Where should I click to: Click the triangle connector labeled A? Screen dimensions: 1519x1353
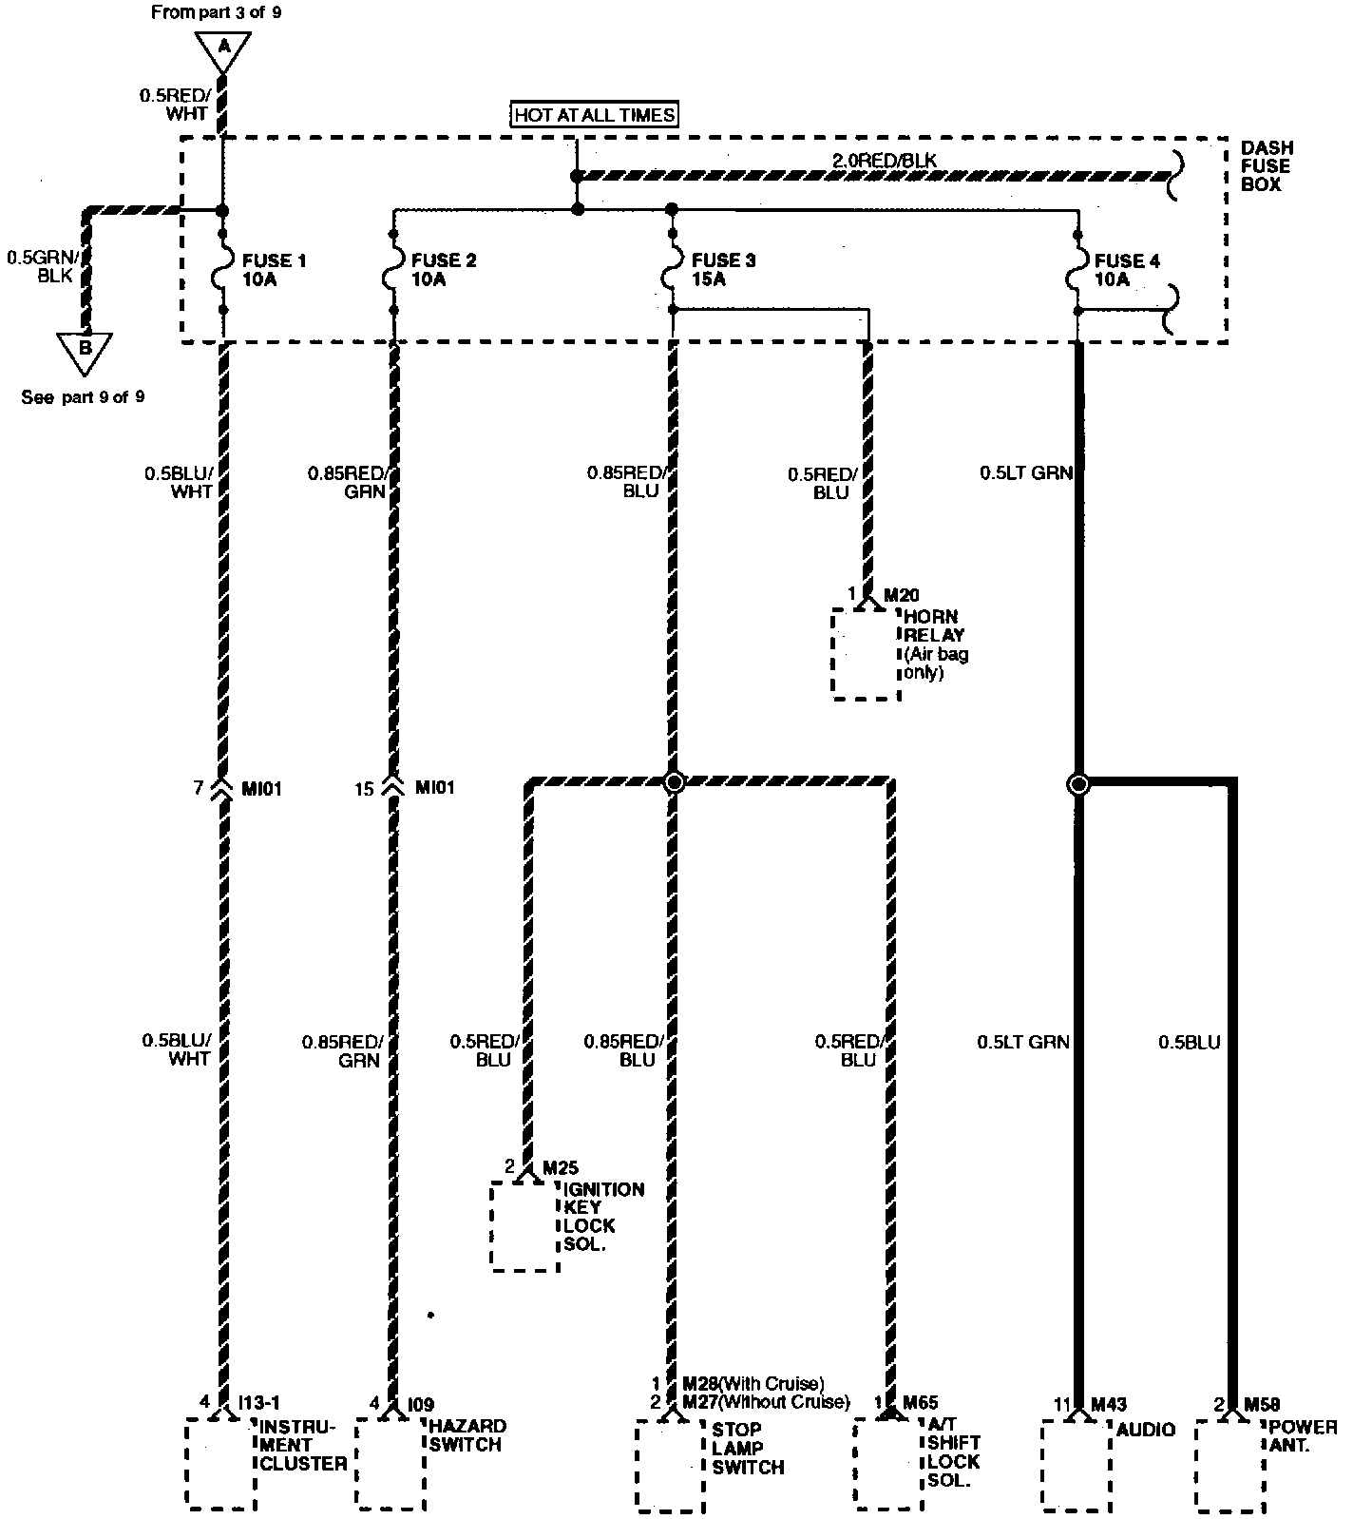pyautogui.click(x=223, y=49)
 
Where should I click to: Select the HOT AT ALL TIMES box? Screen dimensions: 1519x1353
pyautogui.click(x=595, y=116)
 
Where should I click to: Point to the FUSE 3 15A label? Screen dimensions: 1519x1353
pyautogui.click(x=722, y=270)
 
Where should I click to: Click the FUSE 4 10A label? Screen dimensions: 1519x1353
pyautogui.click(x=1126, y=270)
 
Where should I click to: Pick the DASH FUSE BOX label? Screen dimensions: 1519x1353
pyautogui.click(x=1267, y=166)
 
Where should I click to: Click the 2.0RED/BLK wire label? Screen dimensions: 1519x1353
pyautogui.click(x=884, y=161)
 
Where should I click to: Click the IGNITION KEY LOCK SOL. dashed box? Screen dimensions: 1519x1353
pyautogui.click(x=524, y=1225)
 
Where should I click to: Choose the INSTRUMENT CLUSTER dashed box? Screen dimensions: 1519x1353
pyautogui.click(x=220, y=1463)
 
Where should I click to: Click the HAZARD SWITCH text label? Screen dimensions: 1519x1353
pyautogui.click(x=467, y=1435)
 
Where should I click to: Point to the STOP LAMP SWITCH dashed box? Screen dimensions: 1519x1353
pyautogui.click(x=670, y=1465)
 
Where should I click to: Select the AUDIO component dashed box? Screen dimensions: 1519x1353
pyautogui.click(x=1076, y=1465)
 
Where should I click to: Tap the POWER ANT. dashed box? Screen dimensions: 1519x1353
pyautogui.click(x=1229, y=1465)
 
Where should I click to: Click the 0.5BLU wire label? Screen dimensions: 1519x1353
pyautogui.click(x=1189, y=1043)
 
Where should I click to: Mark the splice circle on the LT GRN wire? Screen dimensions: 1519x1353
pyautogui.click(x=1078, y=784)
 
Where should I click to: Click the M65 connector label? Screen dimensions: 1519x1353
pyautogui.click(x=920, y=1403)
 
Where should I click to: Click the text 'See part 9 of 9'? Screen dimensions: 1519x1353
pyautogui.click(x=83, y=397)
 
